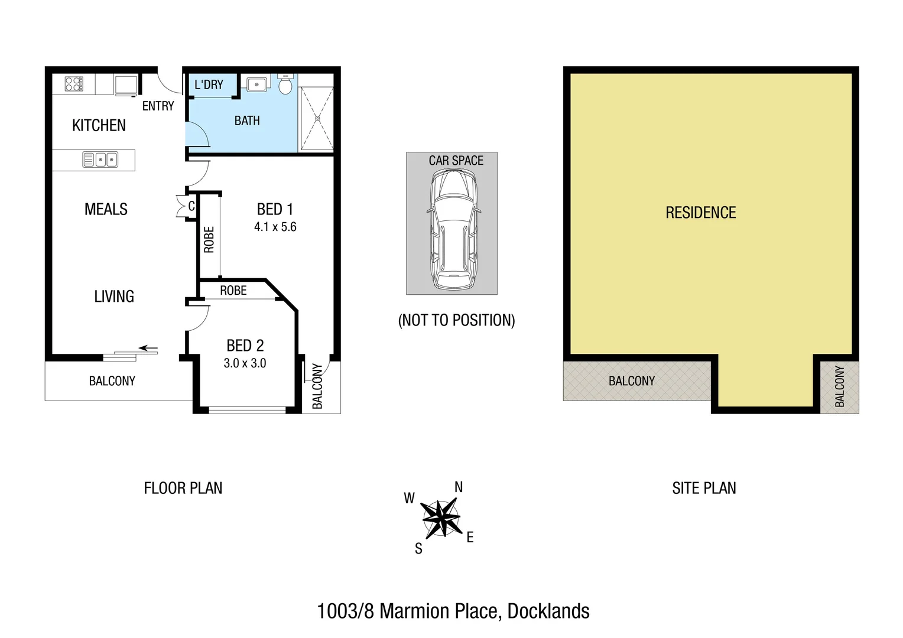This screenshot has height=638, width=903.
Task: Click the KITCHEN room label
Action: point(99,125)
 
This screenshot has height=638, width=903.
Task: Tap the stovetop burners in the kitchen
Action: point(74,84)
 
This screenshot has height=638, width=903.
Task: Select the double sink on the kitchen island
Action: point(100,159)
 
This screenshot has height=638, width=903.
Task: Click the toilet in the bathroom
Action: point(285,86)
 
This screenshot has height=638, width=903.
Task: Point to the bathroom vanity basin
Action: point(256,84)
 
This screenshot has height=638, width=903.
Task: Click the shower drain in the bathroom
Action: point(317,118)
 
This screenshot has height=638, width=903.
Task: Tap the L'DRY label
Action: point(209,84)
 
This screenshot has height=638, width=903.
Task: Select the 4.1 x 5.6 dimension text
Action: point(275,227)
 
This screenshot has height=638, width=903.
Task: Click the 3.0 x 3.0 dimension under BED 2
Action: point(245,363)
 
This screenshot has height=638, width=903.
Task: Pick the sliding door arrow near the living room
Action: point(148,349)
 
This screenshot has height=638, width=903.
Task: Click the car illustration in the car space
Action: point(453,229)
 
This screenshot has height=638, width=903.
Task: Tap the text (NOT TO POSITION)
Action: point(456,320)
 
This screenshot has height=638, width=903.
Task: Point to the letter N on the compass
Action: point(459,487)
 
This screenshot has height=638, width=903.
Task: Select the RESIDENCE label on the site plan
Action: point(700,213)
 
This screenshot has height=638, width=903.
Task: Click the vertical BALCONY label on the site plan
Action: point(839,386)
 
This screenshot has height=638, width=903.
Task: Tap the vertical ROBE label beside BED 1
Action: point(209,239)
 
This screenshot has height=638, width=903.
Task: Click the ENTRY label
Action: point(158,106)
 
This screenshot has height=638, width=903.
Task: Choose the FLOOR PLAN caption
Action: point(183,488)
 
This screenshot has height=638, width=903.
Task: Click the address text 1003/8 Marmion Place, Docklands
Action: point(453,611)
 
